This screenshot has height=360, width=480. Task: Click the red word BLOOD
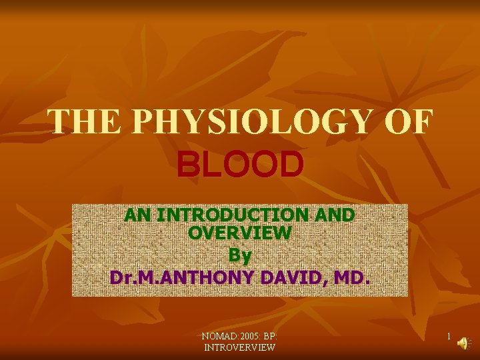coord(240,165)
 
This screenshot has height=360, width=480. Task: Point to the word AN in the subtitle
coord(138,216)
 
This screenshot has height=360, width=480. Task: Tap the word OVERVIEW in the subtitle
coord(240,233)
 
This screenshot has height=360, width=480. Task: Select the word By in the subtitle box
coord(240,255)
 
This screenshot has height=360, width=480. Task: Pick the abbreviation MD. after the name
coord(353,276)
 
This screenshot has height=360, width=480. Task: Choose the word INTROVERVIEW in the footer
coord(240,347)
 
